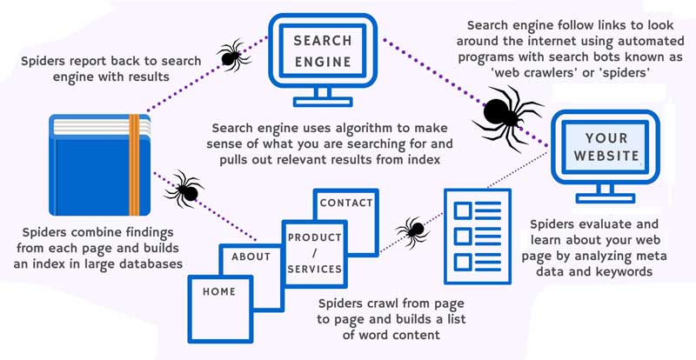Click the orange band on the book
134,164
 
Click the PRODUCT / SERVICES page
314,253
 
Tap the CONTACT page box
347,209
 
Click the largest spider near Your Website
505,112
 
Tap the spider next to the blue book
184,186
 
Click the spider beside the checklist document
412,230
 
